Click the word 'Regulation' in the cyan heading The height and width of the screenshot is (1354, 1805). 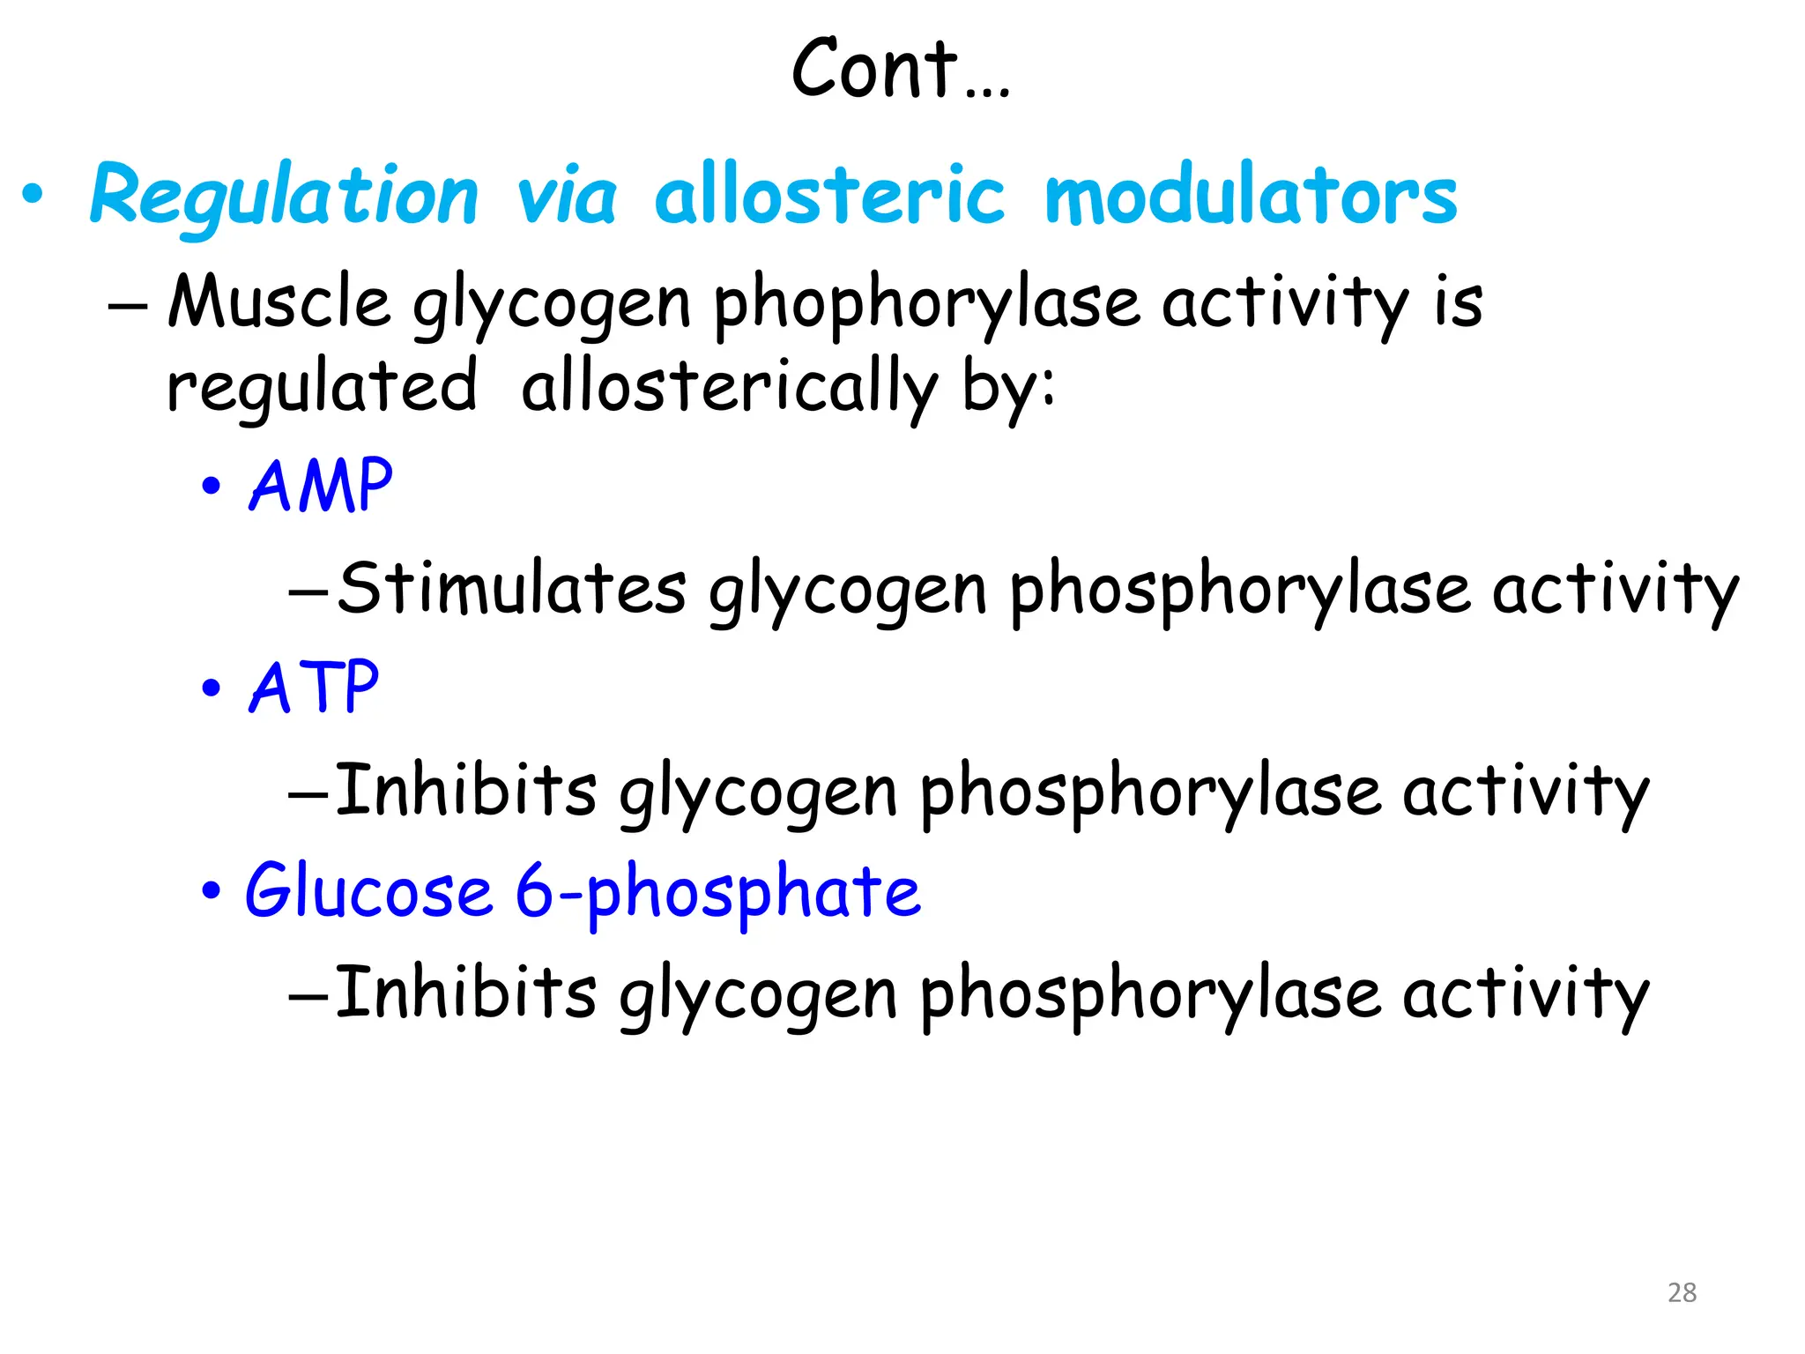(284, 196)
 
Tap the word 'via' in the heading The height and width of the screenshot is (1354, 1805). (566, 196)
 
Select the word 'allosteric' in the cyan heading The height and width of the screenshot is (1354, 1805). (828, 196)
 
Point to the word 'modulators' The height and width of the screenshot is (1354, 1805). (1250, 196)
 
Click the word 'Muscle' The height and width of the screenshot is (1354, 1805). (279, 302)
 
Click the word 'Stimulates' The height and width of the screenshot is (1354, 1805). (511, 588)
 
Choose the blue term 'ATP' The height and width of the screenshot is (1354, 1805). (314, 687)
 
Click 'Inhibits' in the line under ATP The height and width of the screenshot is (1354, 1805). (465, 789)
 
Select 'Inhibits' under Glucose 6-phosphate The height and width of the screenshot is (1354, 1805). (465, 992)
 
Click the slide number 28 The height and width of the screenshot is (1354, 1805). (1682, 1292)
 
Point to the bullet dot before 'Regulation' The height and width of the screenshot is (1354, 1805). (33, 195)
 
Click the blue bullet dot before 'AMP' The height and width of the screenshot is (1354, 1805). (211, 486)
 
